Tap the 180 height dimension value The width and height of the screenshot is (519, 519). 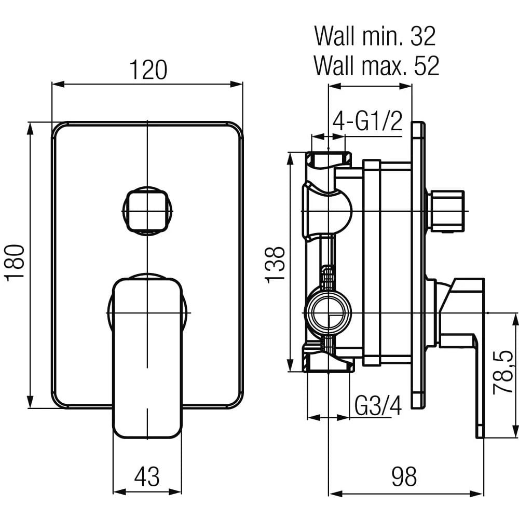[16, 263]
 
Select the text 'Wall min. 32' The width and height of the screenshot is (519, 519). [375, 37]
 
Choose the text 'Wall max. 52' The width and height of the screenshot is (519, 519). [376, 66]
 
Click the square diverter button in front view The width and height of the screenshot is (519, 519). [147, 211]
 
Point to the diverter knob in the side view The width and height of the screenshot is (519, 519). [445, 210]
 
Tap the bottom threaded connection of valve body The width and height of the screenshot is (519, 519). [328, 362]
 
